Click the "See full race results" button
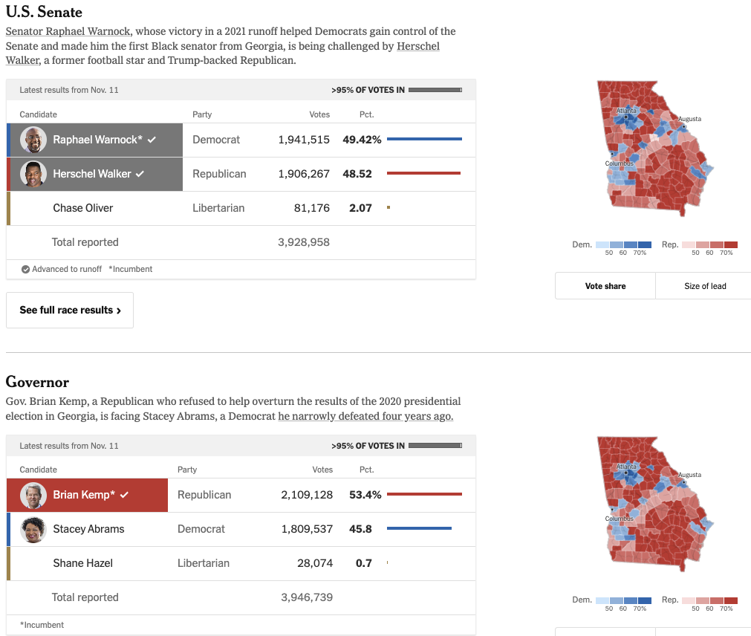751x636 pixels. click(70, 310)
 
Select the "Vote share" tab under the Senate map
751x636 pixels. click(605, 286)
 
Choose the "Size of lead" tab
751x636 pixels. click(705, 286)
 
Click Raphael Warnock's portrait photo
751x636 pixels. click(33, 140)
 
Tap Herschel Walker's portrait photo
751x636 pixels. click(33, 174)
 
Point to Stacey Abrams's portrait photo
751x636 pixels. click(33, 529)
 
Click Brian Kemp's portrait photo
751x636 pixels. click(33, 495)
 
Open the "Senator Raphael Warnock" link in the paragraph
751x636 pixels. click(68, 31)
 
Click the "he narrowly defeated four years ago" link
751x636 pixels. click(365, 416)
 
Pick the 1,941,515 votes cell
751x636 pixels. click(304, 140)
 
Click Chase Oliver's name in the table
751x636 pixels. click(83, 208)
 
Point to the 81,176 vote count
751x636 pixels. click(312, 208)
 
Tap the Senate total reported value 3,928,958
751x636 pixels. click(304, 242)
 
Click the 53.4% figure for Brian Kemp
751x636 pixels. click(365, 495)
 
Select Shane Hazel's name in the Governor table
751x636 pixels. click(83, 563)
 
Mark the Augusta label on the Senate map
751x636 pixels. click(689, 119)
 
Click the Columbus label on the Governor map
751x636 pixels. click(619, 519)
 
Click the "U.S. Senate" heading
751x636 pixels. click(44, 12)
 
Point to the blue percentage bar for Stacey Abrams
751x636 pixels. click(419, 529)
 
